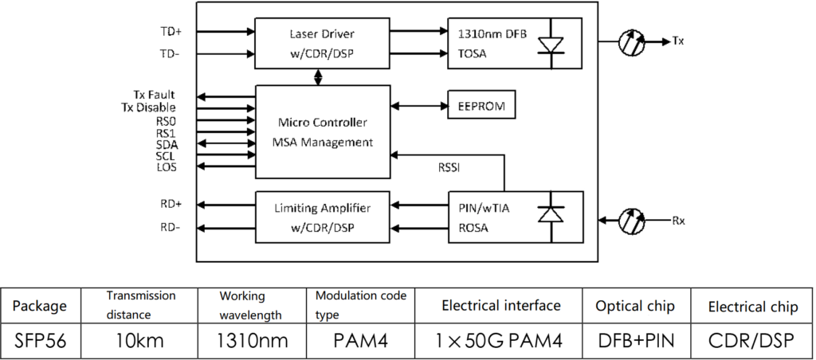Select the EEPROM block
pyautogui.click(x=481, y=105)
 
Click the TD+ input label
pyautogui.click(x=171, y=33)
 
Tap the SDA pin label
pyautogui.click(x=167, y=143)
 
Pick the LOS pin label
pyautogui.click(x=167, y=166)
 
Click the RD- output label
pyautogui.click(x=171, y=227)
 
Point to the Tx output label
pyautogui.click(x=677, y=40)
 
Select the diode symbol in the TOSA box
pyautogui.click(x=551, y=45)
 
